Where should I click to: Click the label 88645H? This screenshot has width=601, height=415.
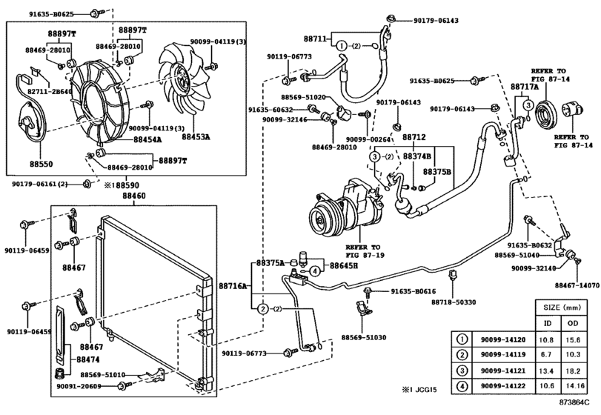344,265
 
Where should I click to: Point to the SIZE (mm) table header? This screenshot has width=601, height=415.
561,305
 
